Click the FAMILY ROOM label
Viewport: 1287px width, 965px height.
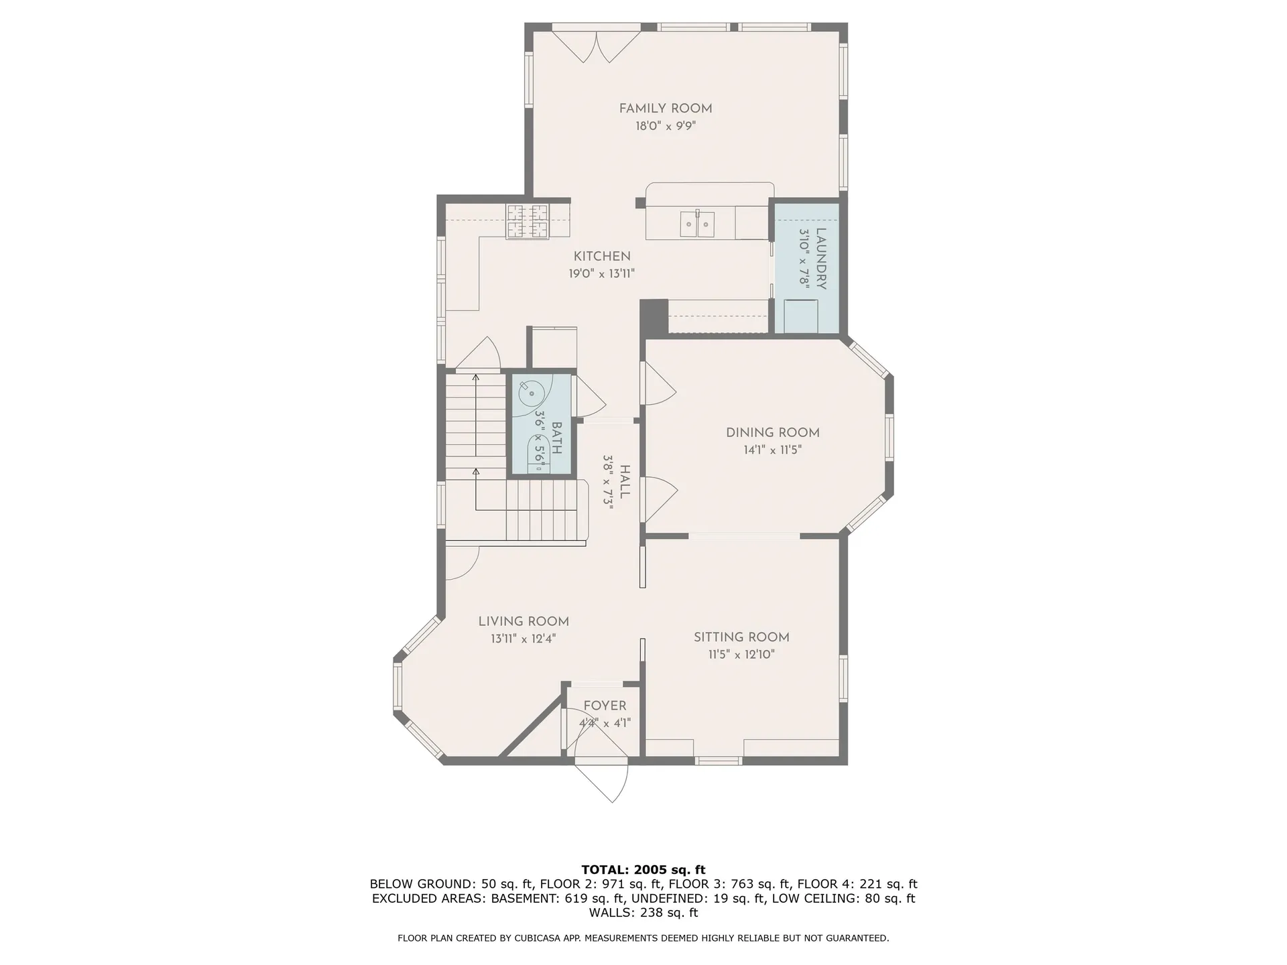(665, 109)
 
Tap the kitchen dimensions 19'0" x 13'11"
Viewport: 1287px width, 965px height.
(601, 273)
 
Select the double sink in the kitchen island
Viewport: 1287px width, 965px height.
(697, 223)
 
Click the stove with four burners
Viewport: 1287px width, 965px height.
(527, 221)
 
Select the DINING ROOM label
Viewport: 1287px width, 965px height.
(772, 432)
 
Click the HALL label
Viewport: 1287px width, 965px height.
(624, 482)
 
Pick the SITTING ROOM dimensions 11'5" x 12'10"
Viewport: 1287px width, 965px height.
(741, 655)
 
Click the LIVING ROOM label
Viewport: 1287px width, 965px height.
(524, 621)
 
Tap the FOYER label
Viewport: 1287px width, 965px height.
(605, 706)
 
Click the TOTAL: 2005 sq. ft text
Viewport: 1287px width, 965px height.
(643, 870)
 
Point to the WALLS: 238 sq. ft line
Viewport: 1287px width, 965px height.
(643, 913)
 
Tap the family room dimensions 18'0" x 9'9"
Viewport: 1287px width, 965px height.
(665, 126)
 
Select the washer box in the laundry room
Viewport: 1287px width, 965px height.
(801, 316)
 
